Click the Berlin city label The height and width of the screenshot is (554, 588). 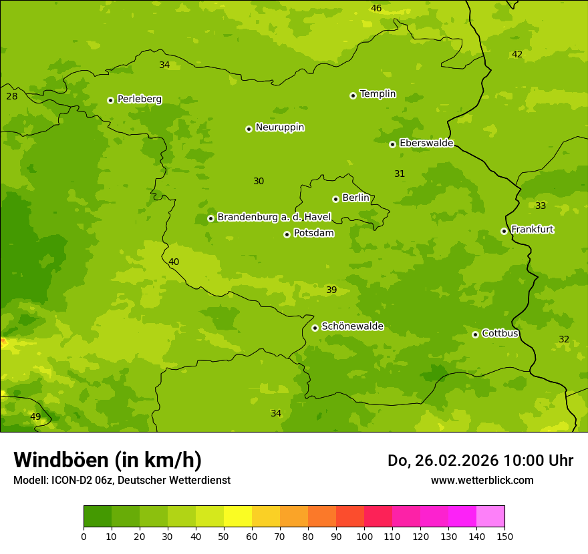[x=355, y=198]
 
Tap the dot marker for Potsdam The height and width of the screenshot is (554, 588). [x=287, y=234]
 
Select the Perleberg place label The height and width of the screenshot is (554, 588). [x=139, y=99]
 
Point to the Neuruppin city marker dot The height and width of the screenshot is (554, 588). [x=249, y=129]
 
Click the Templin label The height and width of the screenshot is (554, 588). [x=378, y=94]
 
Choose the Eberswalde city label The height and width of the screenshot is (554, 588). [x=426, y=144]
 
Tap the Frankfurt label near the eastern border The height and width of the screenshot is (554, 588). [x=532, y=230]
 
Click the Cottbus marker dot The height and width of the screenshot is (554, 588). [x=475, y=334]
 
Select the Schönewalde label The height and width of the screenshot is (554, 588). [x=352, y=326]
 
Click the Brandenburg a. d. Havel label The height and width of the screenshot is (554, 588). [x=274, y=218]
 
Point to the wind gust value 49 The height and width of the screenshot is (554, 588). [x=35, y=417]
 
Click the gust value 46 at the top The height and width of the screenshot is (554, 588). [x=376, y=9]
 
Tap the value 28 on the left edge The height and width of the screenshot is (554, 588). [x=12, y=97]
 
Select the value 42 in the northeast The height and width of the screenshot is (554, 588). [x=517, y=55]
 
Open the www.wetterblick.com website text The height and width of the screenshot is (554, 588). [x=482, y=480]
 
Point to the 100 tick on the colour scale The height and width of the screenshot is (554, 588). [x=364, y=536]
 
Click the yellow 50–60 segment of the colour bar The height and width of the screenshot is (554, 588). [x=238, y=517]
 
